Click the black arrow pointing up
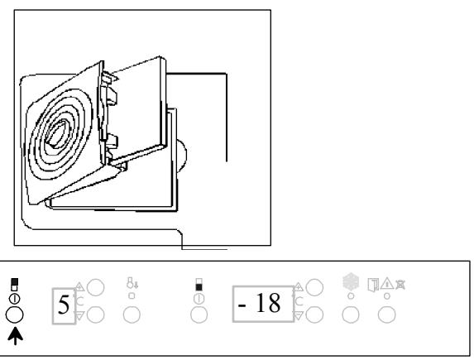(15, 336)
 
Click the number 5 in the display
(64, 305)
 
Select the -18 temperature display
(263, 304)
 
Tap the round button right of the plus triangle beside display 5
(95, 287)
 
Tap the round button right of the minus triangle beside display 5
(95, 314)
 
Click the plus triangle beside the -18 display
(298, 286)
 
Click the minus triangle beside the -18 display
(298, 316)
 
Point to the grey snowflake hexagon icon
(351, 281)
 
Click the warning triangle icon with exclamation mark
(387, 284)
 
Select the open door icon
(373, 285)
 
